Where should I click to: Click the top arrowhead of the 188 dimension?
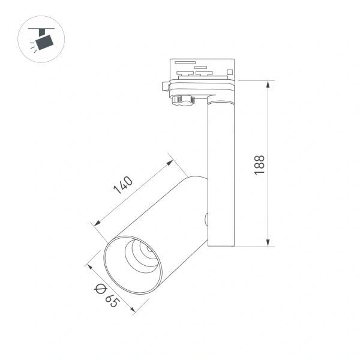click(268, 84)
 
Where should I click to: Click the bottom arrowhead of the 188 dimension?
click(268, 242)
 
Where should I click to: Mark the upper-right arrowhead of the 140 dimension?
click(170, 161)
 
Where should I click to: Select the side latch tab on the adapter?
click(167, 85)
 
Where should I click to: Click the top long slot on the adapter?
click(184, 62)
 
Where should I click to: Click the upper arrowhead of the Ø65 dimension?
click(89, 266)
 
